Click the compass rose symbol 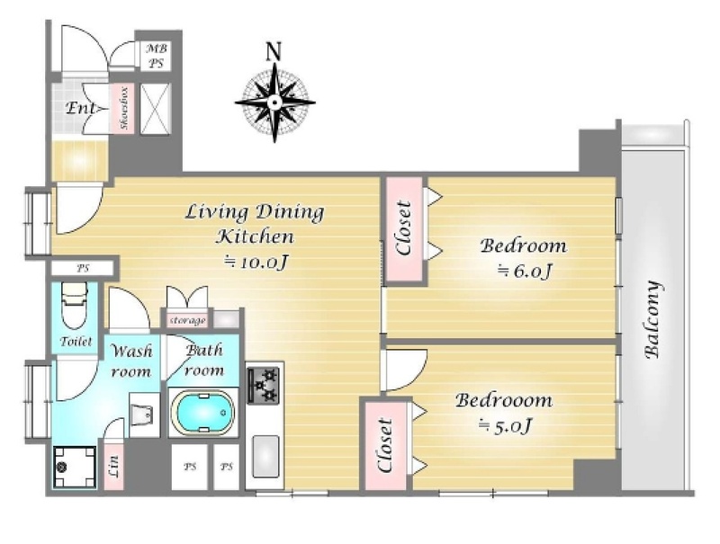[274, 103]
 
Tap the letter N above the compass [274, 51]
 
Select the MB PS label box [156, 56]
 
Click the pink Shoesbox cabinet [123, 109]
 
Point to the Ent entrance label [81, 108]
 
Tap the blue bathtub [202, 412]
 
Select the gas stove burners [263, 385]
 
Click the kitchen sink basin [265, 456]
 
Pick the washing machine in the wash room [75, 467]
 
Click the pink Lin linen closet [114, 466]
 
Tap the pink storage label [187, 320]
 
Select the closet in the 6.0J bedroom [403, 229]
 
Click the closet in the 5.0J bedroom [385, 446]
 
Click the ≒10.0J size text [256, 263]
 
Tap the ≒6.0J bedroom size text [524, 271]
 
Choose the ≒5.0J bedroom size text [505, 426]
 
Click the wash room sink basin [144, 415]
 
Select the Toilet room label [76, 342]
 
